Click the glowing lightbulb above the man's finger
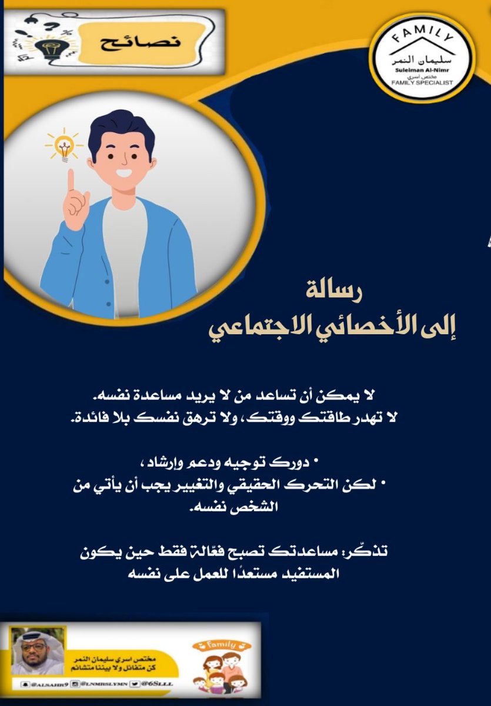click(62, 145)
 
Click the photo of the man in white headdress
click(36, 651)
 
